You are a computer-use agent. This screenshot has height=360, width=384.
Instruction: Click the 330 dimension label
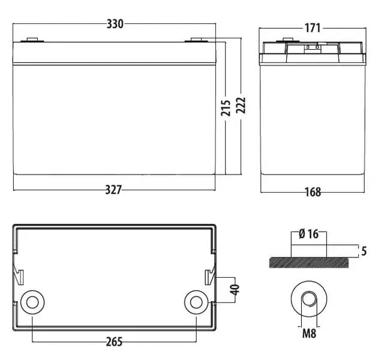coord(115,24)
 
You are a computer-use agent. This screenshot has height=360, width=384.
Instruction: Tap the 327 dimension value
coord(113,190)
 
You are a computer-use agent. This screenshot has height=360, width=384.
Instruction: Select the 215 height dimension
coord(226,108)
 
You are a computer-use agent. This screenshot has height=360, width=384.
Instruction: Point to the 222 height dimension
coord(241,106)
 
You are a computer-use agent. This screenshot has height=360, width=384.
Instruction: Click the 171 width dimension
coord(313,28)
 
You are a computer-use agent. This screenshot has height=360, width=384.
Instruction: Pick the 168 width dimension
coord(313,192)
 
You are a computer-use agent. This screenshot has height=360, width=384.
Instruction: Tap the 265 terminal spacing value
coord(114,342)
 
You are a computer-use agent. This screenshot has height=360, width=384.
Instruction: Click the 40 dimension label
coord(235,290)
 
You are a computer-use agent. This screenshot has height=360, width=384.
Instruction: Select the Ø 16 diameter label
coord(308,234)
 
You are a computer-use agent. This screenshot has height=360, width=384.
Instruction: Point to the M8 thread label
coord(309,334)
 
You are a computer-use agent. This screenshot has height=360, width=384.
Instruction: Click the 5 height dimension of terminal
coord(364,251)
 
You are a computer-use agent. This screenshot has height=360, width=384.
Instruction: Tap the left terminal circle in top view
coord(32,302)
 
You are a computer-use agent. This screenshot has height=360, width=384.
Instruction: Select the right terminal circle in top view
coord(196,302)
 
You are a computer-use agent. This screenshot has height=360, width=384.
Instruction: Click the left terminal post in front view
coord(32,40)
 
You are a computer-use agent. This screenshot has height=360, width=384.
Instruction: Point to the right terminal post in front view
coord(196,40)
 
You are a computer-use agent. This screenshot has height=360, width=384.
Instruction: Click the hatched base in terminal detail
coord(308,263)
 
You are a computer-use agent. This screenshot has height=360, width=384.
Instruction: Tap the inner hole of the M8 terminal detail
coord(309,299)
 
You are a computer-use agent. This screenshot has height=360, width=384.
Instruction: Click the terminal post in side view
coord(288,40)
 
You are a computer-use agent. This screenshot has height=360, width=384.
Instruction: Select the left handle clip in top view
coord(19,277)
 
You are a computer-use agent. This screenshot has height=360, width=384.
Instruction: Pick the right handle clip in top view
coord(209,277)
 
